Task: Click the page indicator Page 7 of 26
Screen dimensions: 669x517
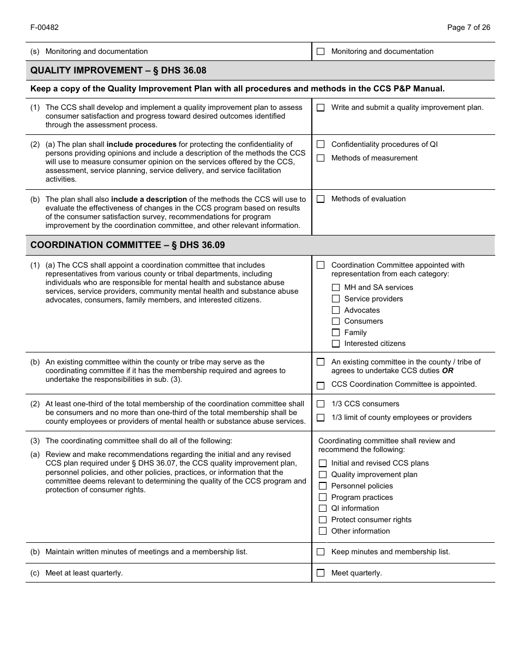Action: point(468,28)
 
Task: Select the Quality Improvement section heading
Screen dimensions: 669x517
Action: point(118,71)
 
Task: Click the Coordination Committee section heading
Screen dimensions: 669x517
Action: point(127,245)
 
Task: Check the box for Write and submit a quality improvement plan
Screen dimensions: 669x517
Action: point(321,108)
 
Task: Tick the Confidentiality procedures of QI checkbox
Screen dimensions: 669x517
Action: point(321,145)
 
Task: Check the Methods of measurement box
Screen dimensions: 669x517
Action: point(321,158)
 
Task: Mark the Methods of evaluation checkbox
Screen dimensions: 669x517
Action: point(321,199)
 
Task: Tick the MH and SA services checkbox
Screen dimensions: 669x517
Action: point(336,288)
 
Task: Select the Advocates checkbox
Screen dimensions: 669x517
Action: point(336,310)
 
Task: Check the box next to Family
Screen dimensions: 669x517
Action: point(336,332)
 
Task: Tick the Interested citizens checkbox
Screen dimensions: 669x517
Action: point(336,344)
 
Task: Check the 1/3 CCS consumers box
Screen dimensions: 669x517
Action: point(321,404)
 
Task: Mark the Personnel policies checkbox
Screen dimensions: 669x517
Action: point(323,486)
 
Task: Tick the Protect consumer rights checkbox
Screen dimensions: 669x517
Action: point(323,520)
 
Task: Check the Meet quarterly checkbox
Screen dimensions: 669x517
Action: point(321,573)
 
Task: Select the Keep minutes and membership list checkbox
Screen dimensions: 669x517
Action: point(321,552)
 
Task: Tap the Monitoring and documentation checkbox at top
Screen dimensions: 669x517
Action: point(321,52)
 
